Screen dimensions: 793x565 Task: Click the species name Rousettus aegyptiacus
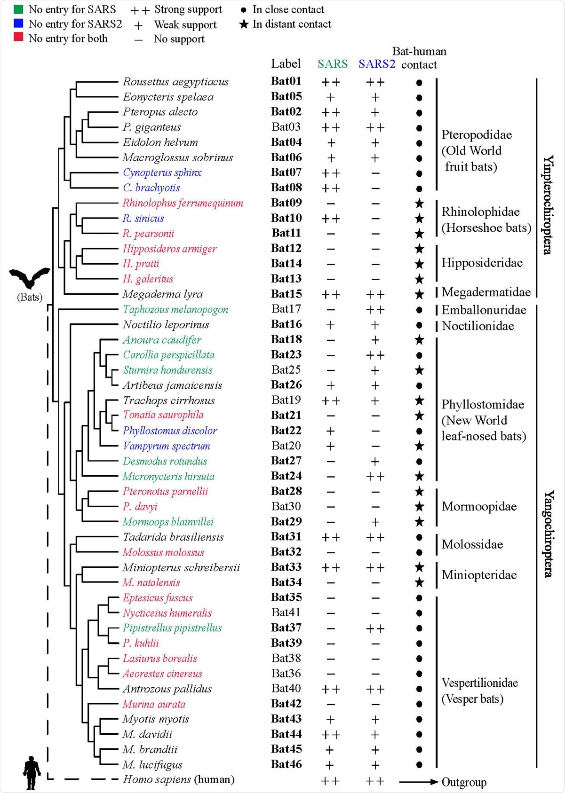[175, 82]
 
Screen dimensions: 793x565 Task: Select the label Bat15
[286, 294]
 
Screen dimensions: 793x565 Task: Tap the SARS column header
[333, 64]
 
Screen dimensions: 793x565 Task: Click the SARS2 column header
[376, 64]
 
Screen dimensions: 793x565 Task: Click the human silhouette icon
[32, 773]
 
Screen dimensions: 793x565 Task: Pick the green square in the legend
[19, 9]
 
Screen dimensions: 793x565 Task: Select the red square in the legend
[19, 38]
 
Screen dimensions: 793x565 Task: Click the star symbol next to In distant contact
[244, 24]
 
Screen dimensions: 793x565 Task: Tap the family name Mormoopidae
[479, 506]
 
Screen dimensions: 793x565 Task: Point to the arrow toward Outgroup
[418, 782]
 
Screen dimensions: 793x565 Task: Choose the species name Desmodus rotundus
[165, 461]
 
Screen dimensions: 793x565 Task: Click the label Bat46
[286, 764]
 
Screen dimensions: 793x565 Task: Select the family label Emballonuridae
[484, 310]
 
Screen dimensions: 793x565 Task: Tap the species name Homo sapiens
[157, 779]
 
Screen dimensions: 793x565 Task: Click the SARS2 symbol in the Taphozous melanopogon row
[375, 310]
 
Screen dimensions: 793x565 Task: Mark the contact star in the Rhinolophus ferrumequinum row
[419, 204]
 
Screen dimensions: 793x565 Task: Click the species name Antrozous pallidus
[167, 689]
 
